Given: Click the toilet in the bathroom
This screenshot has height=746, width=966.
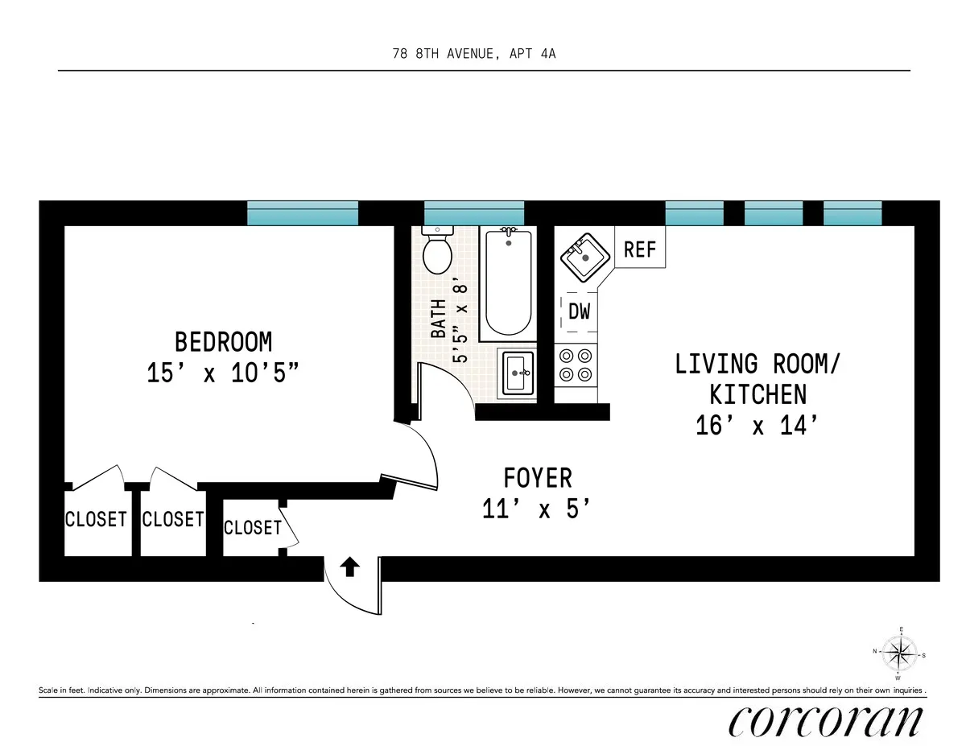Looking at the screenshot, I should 437,251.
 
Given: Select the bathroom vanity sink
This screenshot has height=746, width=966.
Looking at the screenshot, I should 518,372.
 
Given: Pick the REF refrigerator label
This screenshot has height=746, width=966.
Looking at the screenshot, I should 640,249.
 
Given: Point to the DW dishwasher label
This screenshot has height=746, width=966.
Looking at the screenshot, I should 580,311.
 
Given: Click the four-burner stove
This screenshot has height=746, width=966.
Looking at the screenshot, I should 575,364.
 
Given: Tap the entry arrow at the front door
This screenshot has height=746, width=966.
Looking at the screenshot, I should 351,567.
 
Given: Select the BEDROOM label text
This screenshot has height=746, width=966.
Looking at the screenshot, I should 223,342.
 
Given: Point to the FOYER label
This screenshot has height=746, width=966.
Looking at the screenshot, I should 538,478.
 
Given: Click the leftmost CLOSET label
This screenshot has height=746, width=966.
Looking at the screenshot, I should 96,519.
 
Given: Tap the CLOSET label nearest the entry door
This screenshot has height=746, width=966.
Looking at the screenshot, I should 252,527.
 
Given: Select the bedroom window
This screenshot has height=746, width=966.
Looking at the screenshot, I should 303,212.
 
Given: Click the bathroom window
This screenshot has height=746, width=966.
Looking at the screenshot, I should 474,212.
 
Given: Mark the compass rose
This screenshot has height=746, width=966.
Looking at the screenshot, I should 900,653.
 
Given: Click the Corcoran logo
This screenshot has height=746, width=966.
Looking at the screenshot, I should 824,720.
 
